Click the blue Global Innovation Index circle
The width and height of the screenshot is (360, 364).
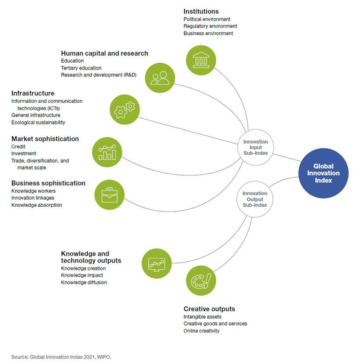pyautogui.click(x=323, y=173)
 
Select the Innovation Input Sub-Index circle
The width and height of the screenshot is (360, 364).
pyautogui.click(x=255, y=148)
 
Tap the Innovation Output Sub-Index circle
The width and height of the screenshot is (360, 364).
pyautogui.click(x=255, y=199)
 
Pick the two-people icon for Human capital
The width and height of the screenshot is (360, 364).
pyautogui.click(x=160, y=77)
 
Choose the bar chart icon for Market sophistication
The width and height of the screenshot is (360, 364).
pyautogui.click(x=107, y=152)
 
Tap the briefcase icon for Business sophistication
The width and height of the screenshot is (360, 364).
pyautogui.click(x=109, y=195)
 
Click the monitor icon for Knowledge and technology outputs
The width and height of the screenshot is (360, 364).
pyautogui.click(x=157, y=264)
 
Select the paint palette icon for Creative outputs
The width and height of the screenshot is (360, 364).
pyautogui.click(x=201, y=281)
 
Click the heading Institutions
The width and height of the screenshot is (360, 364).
pyautogui.click(x=201, y=11)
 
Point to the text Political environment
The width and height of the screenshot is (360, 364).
pyautogui.click(x=207, y=19)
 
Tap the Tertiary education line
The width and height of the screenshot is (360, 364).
pyautogui.click(x=81, y=68)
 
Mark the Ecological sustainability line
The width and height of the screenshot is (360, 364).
pyautogui.click(x=38, y=122)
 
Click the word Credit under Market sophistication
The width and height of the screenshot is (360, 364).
pyautogui.click(x=18, y=146)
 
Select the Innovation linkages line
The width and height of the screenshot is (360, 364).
pyautogui.click(x=33, y=198)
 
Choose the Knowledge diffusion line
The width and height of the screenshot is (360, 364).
pyautogui.click(x=84, y=282)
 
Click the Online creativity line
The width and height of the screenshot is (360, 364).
pyautogui.click(x=201, y=331)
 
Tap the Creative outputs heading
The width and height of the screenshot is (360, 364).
pyautogui.click(x=209, y=309)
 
